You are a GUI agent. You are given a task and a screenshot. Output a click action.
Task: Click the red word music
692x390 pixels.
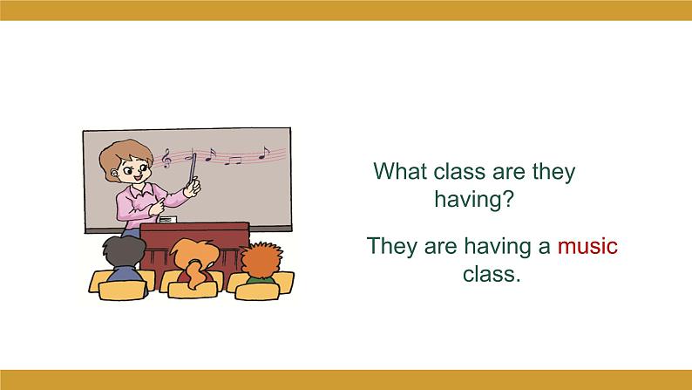pyautogui.click(x=587, y=246)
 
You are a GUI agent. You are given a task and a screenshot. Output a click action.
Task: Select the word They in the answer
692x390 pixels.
pyautogui.click(x=393, y=246)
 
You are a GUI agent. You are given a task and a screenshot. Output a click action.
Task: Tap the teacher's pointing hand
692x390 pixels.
pyautogui.click(x=158, y=207)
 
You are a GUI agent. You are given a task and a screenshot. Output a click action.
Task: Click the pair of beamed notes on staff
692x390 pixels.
pyautogui.click(x=233, y=160)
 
